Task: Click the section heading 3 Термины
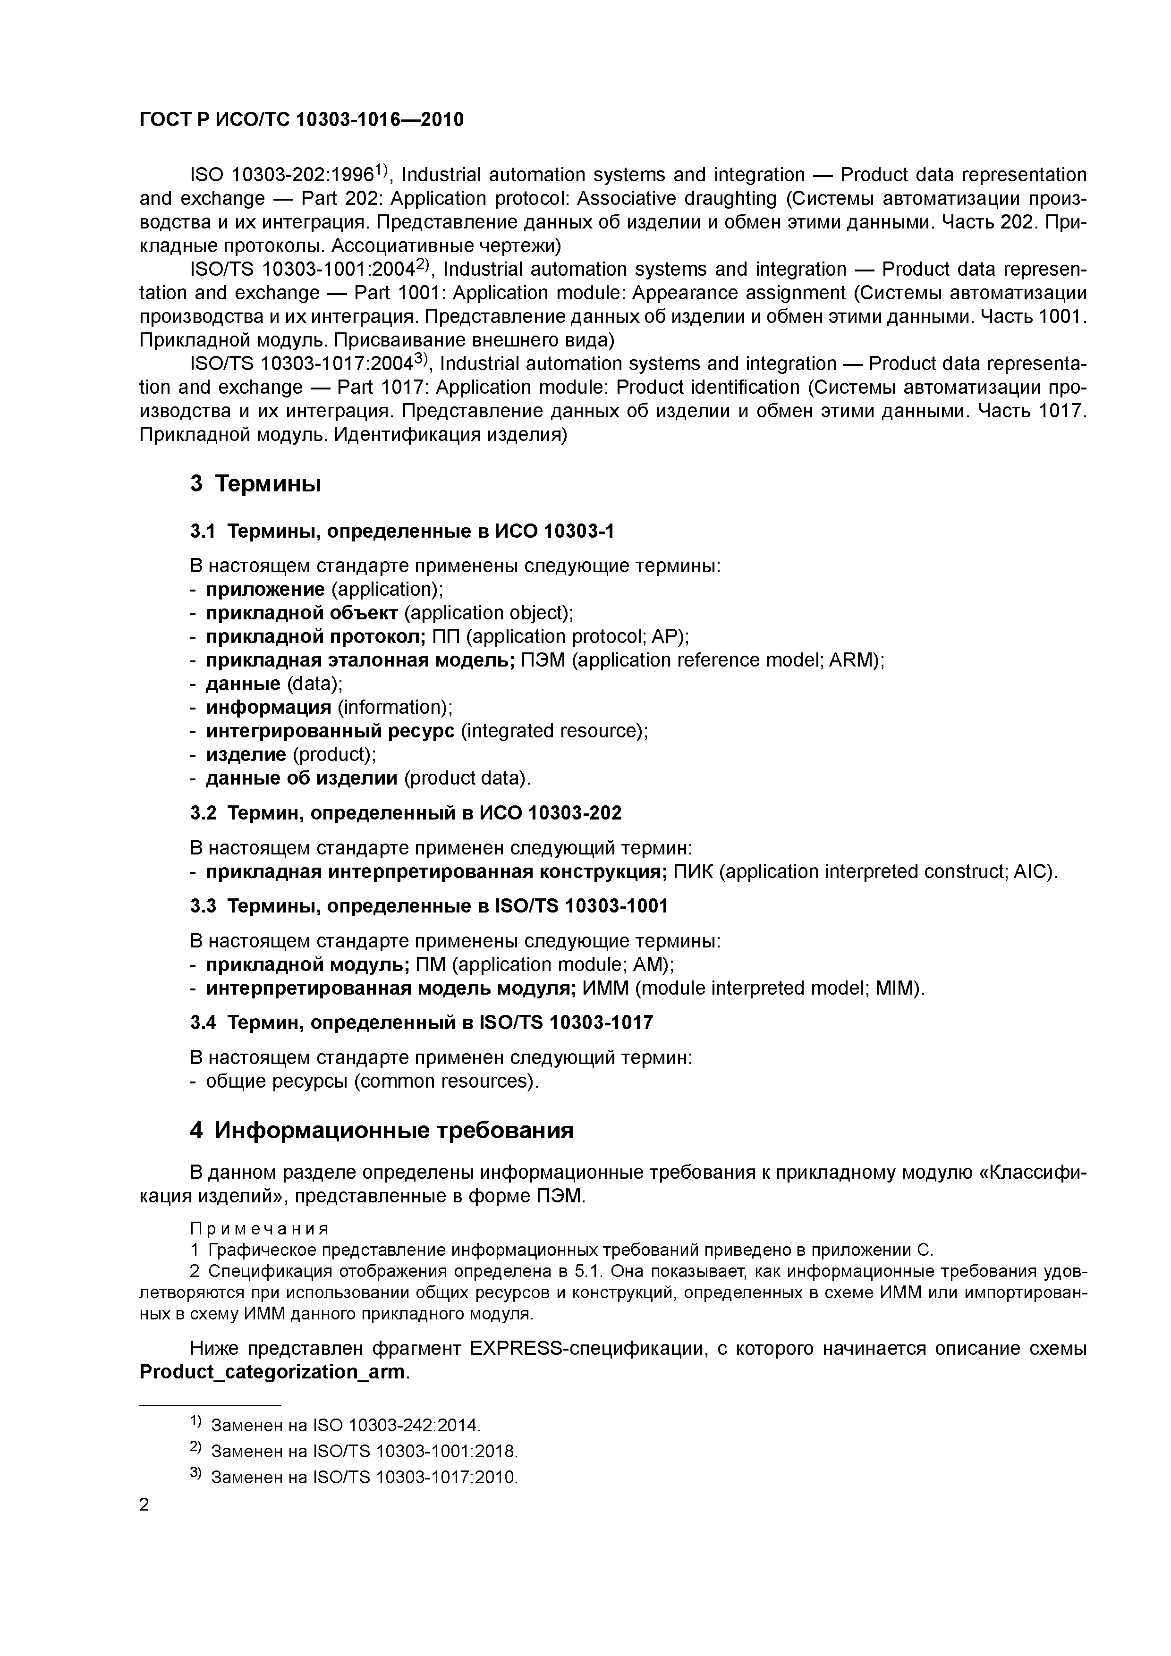point(255,483)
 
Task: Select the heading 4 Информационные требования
point(382,1130)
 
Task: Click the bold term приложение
point(265,589)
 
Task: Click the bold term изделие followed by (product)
point(246,754)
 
